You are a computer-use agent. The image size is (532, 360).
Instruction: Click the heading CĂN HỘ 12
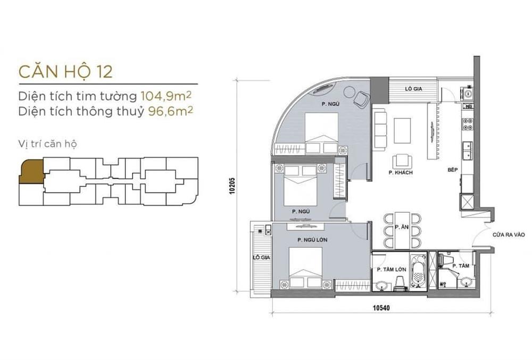(x=65, y=71)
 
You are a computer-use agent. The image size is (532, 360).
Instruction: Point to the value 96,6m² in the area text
(x=171, y=111)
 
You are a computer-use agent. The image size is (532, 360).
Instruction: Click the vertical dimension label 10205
(x=232, y=185)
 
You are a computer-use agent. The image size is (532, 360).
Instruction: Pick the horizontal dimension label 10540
(x=381, y=308)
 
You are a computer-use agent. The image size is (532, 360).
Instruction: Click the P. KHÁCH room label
(x=401, y=172)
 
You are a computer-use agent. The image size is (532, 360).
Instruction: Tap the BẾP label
(x=452, y=170)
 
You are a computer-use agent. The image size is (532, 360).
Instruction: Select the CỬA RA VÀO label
(x=509, y=235)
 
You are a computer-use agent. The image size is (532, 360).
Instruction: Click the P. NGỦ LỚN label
(x=312, y=240)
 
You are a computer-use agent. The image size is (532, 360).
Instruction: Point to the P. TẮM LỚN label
(x=392, y=270)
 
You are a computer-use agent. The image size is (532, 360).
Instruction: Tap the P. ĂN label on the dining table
(x=402, y=227)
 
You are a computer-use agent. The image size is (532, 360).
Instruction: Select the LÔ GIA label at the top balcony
(x=413, y=88)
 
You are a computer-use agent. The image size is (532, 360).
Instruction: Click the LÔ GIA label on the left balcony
(x=261, y=257)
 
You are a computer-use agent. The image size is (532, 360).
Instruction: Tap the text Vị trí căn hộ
(x=47, y=144)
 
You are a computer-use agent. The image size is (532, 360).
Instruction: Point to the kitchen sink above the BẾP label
(x=467, y=150)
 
